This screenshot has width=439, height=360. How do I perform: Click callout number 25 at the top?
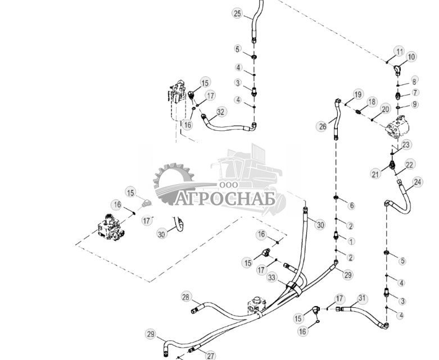(237, 13)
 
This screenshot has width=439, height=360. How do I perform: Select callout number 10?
(411, 57)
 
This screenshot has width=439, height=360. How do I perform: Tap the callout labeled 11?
(400, 52)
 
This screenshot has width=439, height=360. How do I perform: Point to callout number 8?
(414, 81)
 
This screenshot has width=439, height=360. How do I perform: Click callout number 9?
(415, 104)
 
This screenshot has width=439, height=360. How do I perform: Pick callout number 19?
(357, 94)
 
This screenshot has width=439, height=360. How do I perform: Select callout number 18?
(372, 102)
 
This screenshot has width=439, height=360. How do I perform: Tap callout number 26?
(322, 126)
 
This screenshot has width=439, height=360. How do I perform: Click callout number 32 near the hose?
(220, 112)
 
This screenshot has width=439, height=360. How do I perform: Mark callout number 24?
(418, 182)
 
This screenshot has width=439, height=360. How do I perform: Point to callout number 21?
(375, 175)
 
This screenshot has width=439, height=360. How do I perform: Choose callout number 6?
(351, 206)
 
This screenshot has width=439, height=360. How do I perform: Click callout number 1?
(351, 241)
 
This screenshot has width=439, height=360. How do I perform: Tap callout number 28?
(187, 297)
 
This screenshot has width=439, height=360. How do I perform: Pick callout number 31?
(361, 298)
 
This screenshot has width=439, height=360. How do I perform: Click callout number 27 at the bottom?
(211, 355)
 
